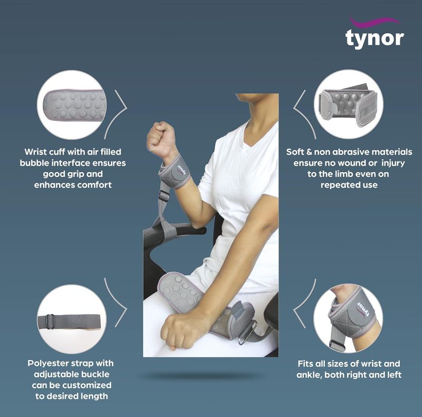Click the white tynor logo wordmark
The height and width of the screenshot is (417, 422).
pos(375,39)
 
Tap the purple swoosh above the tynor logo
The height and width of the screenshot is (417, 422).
pos(374,22)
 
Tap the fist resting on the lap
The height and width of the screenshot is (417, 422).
pos(179,329)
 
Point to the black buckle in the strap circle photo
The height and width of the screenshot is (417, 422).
pos(50,321)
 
